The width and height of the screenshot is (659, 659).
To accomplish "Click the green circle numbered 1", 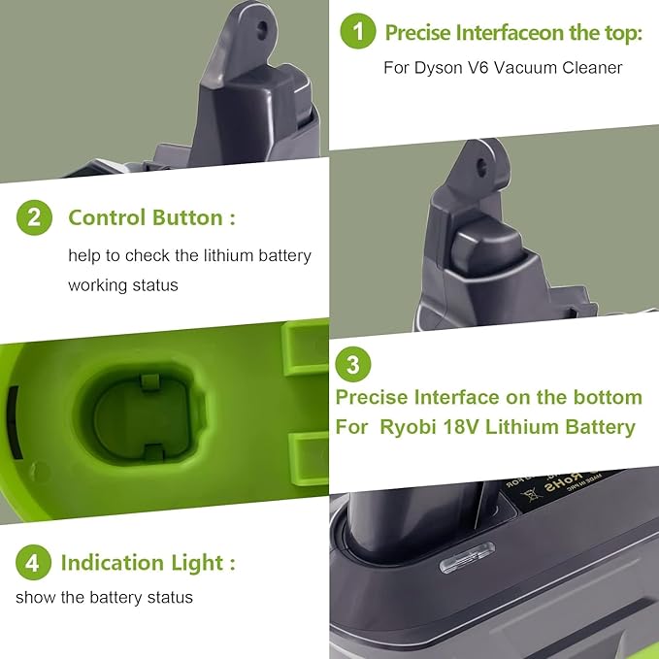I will click(358, 32).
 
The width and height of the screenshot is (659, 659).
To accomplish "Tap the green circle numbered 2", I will click(34, 217).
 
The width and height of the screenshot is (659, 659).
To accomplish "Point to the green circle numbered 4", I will click(33, 562).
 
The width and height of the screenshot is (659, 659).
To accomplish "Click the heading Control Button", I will click(151, 217).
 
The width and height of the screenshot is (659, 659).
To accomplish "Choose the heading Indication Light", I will click(148, 562).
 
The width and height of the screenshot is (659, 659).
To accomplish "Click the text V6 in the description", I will click(491, 67).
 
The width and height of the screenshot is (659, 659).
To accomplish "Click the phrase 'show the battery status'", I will click(104, 597).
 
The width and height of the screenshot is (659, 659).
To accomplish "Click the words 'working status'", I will click(123, 286).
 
